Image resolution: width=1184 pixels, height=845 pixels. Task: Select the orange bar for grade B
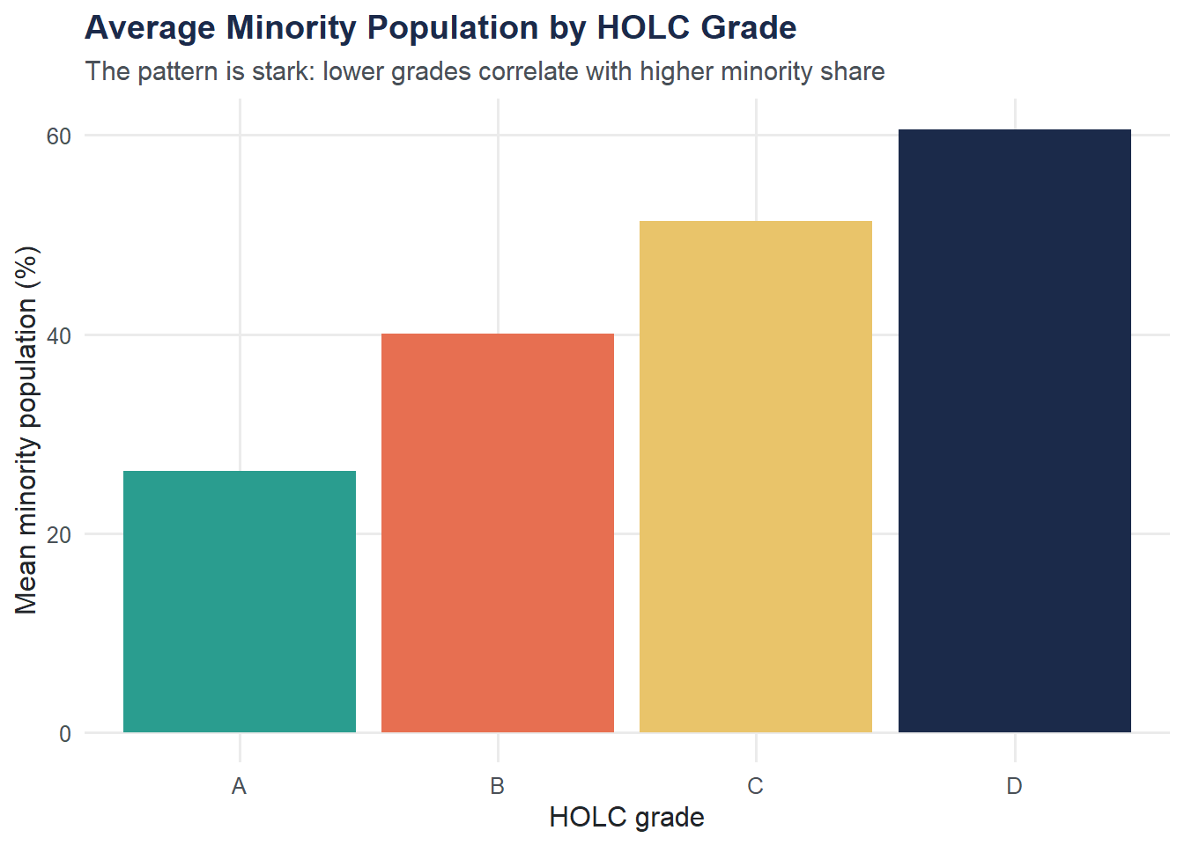point(498,533)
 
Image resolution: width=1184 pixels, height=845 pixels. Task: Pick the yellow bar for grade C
point(756,476)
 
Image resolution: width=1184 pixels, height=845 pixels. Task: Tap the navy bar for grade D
point(1014,430)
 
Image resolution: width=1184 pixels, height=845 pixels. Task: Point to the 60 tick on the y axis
point(59,136)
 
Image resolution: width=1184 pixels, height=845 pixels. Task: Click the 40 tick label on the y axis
point(59,335)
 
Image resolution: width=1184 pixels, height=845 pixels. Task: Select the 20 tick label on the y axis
point(59,534)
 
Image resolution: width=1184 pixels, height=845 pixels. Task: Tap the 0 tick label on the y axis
point(65,734)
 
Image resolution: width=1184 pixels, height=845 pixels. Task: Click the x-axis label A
point(239,786)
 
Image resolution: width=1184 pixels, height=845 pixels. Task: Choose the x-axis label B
point(498,786)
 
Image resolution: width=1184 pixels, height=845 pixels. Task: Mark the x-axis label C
point(756,786)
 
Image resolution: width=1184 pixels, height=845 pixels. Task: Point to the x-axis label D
point(1014,786)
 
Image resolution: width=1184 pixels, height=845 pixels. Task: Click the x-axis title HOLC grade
point(626,818)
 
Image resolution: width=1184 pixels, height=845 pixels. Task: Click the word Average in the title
point(150,28)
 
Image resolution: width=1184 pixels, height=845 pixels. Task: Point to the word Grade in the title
point(749,28)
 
